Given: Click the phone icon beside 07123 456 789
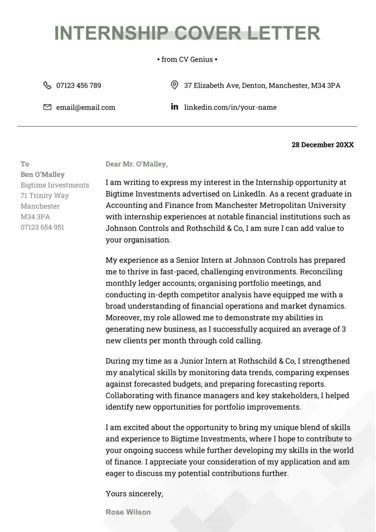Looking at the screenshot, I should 47,85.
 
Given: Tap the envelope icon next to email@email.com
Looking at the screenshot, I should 47,107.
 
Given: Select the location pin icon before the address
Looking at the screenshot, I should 174,85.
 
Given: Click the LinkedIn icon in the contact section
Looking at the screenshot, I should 174,107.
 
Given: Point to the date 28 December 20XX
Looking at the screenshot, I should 322,145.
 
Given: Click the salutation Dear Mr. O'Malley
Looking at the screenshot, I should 136,164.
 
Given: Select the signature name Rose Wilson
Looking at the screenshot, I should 128,512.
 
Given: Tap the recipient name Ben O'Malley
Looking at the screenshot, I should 43,175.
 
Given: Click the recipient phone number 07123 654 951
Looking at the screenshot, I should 42,227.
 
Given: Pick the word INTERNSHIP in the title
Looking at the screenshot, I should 111,33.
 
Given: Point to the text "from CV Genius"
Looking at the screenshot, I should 187,59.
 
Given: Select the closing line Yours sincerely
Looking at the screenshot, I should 134,494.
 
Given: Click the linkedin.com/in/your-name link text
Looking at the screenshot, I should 230,107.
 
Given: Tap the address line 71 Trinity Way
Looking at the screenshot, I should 45,196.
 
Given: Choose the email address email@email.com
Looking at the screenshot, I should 86,107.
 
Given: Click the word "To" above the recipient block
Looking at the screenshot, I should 25,164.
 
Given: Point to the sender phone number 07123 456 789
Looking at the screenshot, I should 79,86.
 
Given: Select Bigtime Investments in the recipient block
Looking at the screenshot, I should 55,185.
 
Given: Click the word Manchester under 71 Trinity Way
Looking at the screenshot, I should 40,206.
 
